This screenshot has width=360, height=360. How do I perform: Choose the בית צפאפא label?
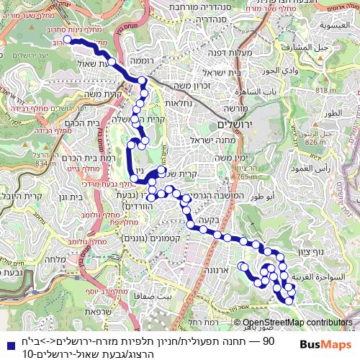pos(158,295)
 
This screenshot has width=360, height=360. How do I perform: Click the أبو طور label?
pos(258,194)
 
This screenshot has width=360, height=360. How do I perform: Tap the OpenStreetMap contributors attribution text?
pos(295,323)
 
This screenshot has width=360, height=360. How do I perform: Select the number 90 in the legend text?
pos(269,340)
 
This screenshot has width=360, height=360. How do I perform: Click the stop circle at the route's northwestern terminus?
pos(67,40)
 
